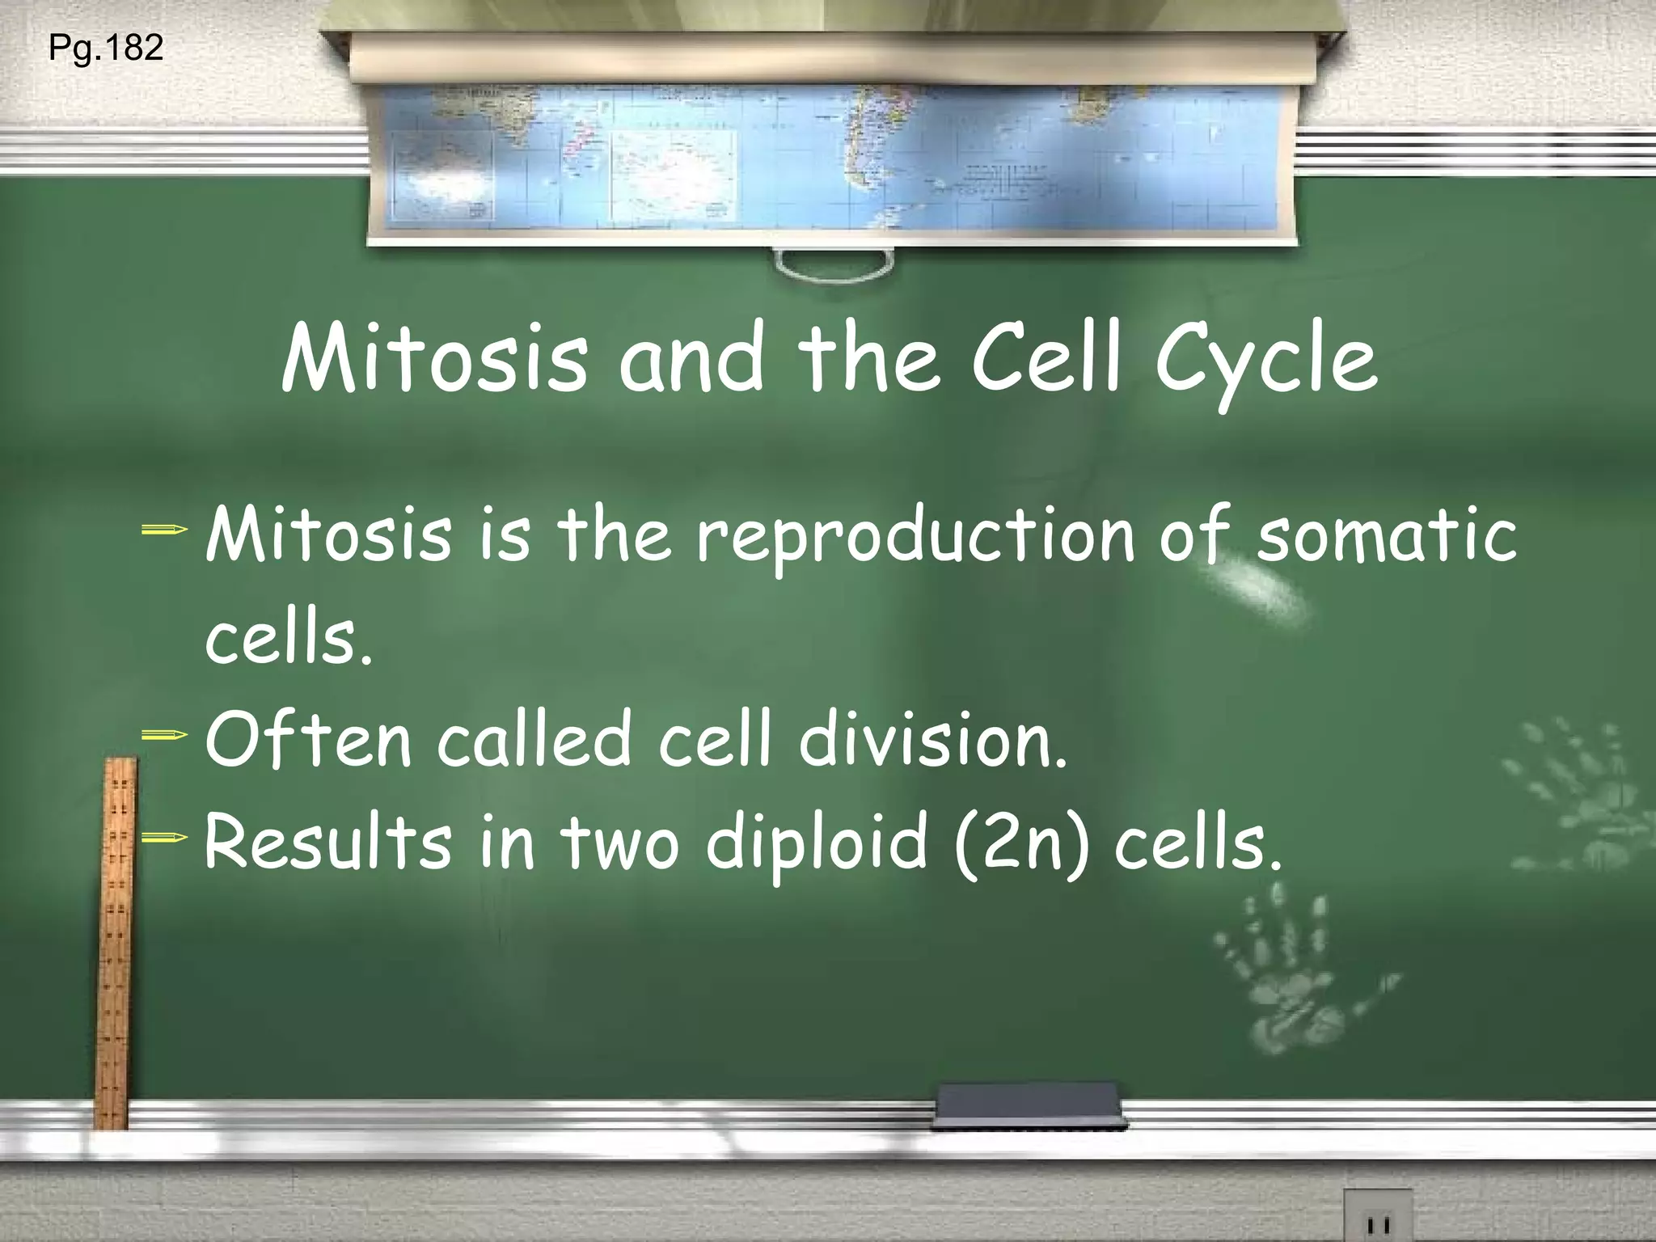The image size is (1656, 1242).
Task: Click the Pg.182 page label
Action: click(x=106, y=48)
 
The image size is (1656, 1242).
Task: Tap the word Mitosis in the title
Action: click(x=434, y=360)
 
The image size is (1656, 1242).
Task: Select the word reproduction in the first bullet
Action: click(x=915, y=536)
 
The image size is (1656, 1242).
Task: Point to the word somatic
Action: click(x=1386, y=536)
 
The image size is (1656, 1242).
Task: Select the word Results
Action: click(x=327, y=843)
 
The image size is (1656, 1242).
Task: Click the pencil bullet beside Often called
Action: click(x=164, y=735)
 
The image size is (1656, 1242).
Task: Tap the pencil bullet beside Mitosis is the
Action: click(x=164, y=531)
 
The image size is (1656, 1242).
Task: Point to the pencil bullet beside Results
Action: click(x=164, y=839)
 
